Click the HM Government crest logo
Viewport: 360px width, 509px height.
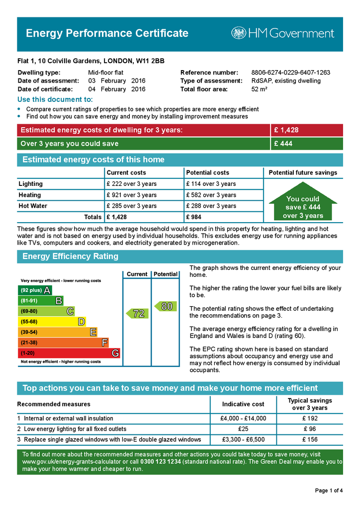(x=239, y=33)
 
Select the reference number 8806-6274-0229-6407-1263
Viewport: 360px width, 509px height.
(x=290, y=73)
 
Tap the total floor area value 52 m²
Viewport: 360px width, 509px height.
(x=259, y=89)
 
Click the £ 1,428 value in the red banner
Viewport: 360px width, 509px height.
(x=286, y=130)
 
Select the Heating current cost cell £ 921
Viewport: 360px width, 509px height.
(x=131, y=195)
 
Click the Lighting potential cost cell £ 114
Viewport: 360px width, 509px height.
(x=211, y=184)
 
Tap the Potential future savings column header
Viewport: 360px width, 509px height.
(x=303, y=173)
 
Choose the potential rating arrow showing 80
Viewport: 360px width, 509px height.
(x=166, y=307)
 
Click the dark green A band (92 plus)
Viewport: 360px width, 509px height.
(x=35, y=290)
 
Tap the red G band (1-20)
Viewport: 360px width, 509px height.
(x=69, y=353)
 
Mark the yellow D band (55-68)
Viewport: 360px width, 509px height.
(x=52, y=322)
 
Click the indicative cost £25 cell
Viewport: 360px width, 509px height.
(x=243, y=429)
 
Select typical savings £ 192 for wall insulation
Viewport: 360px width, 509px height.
(x=310, y=419)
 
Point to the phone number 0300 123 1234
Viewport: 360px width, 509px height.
(x=161, y=462)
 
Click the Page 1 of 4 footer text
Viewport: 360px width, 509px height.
(x=329, y=491)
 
